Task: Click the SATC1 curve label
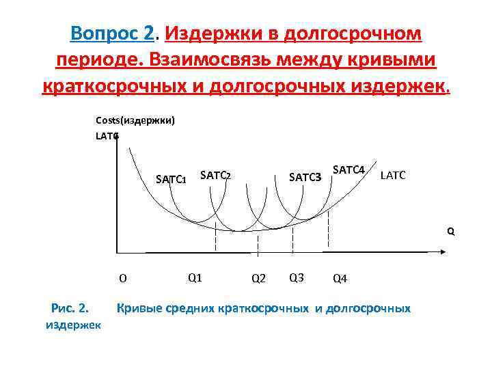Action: click(171, 180)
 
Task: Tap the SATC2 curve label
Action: click(215, 176)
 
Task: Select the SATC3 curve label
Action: click(305, 178)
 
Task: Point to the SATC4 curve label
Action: click(348, 169)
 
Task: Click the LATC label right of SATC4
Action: click(393, 176)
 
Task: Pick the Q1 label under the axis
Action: click(194, 277)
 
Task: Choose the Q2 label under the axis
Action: click(258, 278)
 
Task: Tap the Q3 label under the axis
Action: click(297, 277)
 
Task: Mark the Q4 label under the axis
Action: click(340, 278)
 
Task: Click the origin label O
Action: click(123, 278)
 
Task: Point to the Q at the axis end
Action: click(450, 231)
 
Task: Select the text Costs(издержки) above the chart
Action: click(135, 121)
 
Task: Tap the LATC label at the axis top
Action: click(107, 136)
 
